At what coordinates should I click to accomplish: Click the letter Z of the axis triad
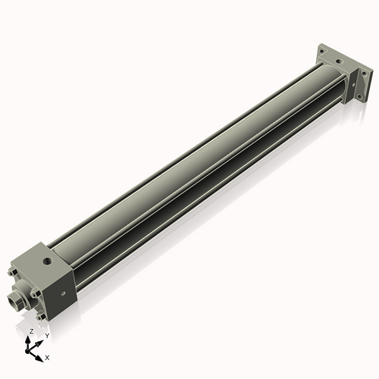click(31, 331)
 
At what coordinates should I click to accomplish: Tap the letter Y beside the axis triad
click(46, 335)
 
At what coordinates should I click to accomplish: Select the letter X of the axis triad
click(48, 356)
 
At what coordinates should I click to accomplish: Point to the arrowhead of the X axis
click(41, 353)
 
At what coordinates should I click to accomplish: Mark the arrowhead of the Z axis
click(31, 338)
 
